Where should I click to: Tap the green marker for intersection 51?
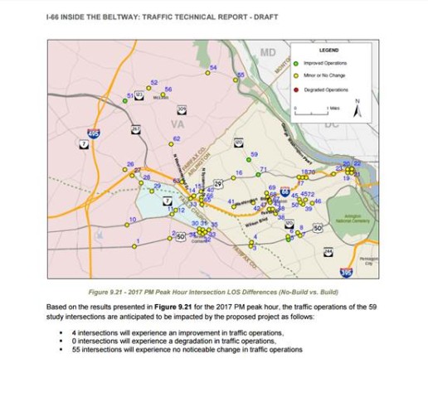point(125,101)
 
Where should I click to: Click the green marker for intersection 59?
point(248,159)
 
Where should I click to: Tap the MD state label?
point(267,53)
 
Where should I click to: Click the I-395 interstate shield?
point(346,272)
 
